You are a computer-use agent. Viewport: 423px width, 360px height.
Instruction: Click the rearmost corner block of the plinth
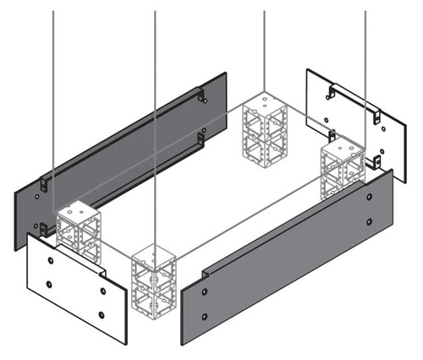(x=265, y=127)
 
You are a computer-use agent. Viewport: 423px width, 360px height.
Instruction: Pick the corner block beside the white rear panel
(x=343, y=169)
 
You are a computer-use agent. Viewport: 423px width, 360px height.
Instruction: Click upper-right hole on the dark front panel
(x=370, y=195)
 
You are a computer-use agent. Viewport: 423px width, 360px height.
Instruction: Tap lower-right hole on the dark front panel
(x=370, y=222)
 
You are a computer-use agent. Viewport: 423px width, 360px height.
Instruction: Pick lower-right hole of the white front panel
(x=102, y=316)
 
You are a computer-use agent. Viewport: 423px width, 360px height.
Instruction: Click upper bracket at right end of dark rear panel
(x=201, y=98)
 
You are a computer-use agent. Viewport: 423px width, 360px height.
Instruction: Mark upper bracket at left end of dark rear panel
(x=43, y=182)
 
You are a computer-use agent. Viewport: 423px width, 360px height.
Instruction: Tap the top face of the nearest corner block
(x=153, y=253)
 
